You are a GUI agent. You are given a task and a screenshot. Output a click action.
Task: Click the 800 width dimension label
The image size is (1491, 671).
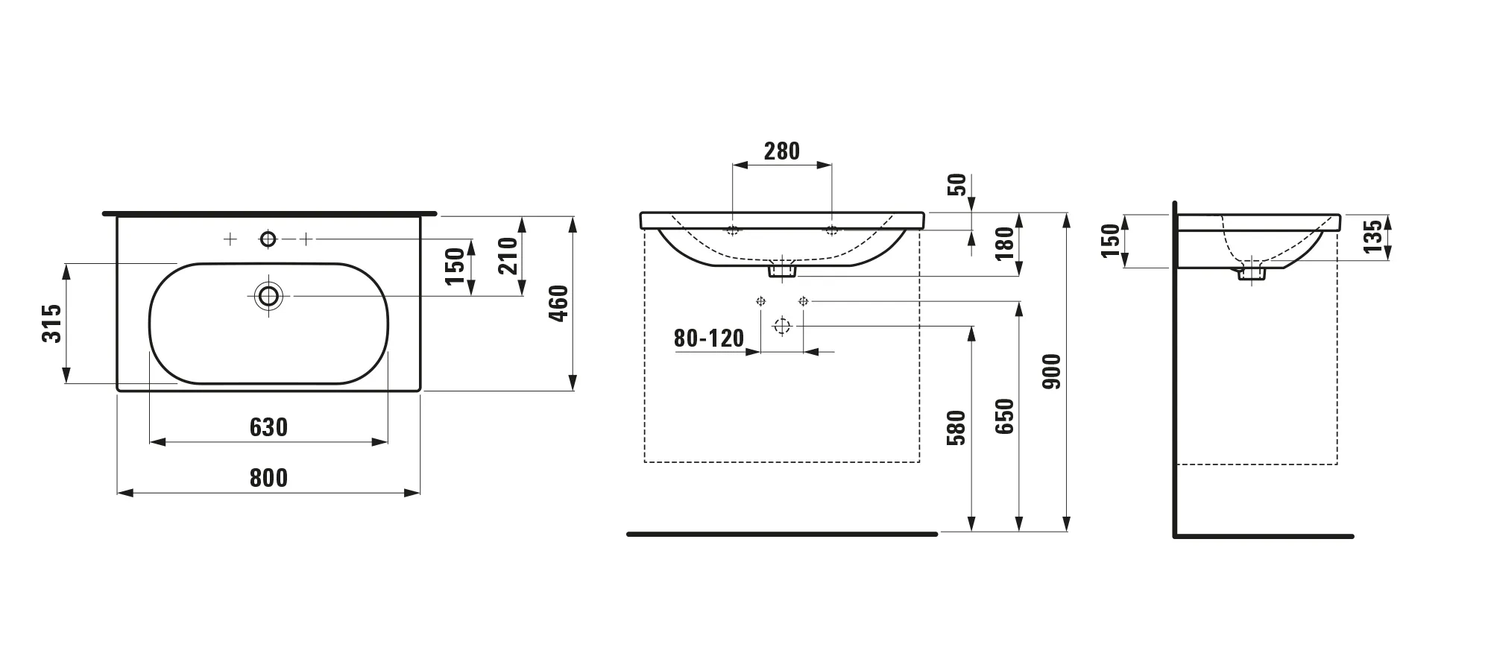click(268, 478)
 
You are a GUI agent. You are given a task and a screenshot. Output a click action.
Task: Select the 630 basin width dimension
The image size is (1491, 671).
click(268, 427)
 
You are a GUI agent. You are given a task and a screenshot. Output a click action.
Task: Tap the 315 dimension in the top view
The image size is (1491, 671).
click(51, 323)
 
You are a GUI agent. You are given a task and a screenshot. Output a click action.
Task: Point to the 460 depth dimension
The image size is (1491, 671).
click(559, 303)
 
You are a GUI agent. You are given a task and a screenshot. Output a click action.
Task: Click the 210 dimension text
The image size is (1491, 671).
click(508, 256)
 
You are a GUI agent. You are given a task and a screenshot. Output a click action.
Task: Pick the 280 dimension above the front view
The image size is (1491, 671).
click(782, 151)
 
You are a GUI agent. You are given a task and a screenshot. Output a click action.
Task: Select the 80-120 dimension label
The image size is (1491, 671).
click(709, 338)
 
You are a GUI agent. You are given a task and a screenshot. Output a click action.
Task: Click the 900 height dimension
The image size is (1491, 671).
click(1052, 371)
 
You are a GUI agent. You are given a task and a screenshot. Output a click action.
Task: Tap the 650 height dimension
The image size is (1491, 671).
click(1006, 417)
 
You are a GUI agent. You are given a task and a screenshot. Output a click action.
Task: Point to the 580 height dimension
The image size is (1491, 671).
click(956, 428)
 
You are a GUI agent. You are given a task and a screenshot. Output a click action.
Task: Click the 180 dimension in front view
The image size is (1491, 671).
click(1006, 243)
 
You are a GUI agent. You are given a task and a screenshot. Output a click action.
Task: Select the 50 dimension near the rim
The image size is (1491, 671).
click(958, 184)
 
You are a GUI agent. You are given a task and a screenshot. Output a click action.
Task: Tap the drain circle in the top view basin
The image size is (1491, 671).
click(268, 296)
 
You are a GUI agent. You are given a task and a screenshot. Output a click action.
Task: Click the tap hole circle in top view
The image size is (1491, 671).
click(268, 239)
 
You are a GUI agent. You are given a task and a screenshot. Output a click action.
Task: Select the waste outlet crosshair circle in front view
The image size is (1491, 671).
click(782, 326)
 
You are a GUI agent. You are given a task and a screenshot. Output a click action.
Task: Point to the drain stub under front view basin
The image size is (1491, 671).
click(782, 270)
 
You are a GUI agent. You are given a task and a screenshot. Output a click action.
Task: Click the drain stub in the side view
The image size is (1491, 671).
click(1252, 274)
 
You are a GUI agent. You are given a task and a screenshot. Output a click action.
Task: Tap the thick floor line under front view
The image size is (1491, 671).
click(781, 534)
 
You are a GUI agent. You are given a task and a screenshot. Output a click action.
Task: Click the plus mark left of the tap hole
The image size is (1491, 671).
click(230, 239)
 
